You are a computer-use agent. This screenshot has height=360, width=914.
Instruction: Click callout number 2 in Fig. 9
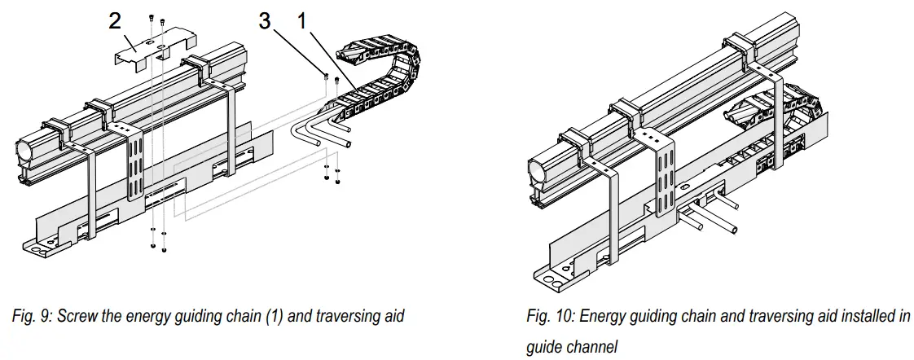point(116,20)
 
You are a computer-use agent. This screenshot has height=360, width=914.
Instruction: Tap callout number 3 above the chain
point(264,20)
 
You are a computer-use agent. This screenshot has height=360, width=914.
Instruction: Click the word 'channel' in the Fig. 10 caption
point(594,347)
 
